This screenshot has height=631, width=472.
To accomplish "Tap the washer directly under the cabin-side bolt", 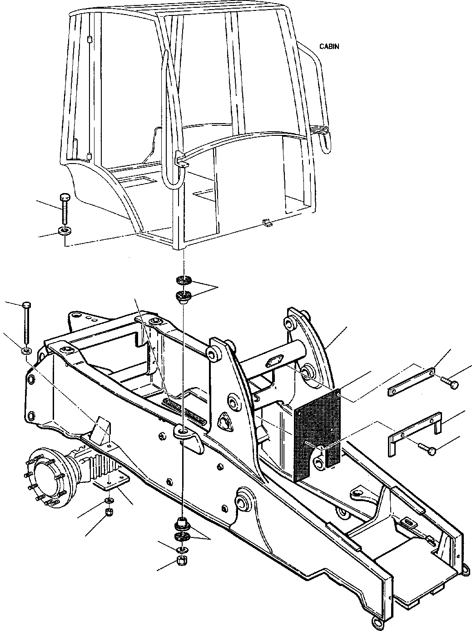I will click(x=65, y=231).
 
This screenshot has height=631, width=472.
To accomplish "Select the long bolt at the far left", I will click(x=26, y=323).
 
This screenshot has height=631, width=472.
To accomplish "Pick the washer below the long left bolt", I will click(x=26, y=351).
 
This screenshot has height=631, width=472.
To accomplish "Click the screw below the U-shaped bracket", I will click(x=428, y=450).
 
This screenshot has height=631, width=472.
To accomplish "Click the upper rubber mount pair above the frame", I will click(x=184, y=289).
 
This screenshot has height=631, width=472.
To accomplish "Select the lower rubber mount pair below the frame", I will click(x=183, y=532).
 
